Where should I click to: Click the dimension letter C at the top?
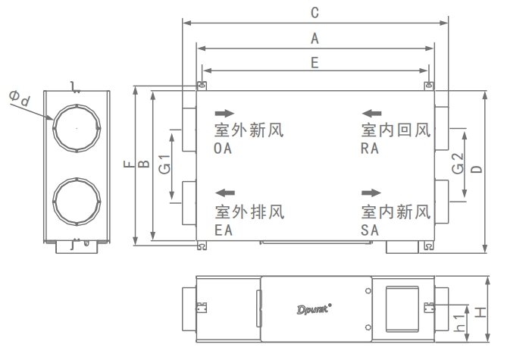coord(314,13)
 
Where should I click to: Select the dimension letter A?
coord(314,37)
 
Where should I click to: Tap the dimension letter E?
coord(314,63)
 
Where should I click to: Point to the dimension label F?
coord(129,163)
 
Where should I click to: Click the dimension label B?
coord(146,163)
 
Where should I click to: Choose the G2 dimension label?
coord(457,164)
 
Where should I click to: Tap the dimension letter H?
coord(480,311)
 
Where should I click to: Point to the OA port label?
coord(223,149)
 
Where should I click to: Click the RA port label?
coord(369,149)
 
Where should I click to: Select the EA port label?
coord(223,229)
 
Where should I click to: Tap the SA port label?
coord(369,229)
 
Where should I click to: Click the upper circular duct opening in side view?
coord(76,128)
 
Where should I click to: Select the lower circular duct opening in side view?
coord(76,202)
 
